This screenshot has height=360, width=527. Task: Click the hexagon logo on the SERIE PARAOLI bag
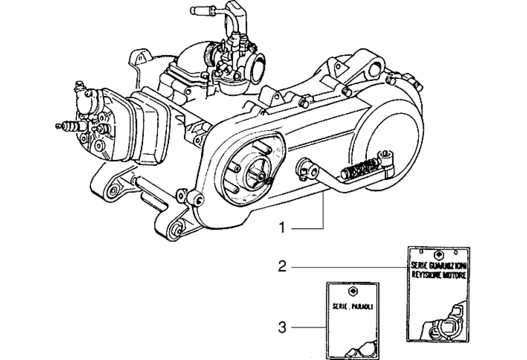352,291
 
